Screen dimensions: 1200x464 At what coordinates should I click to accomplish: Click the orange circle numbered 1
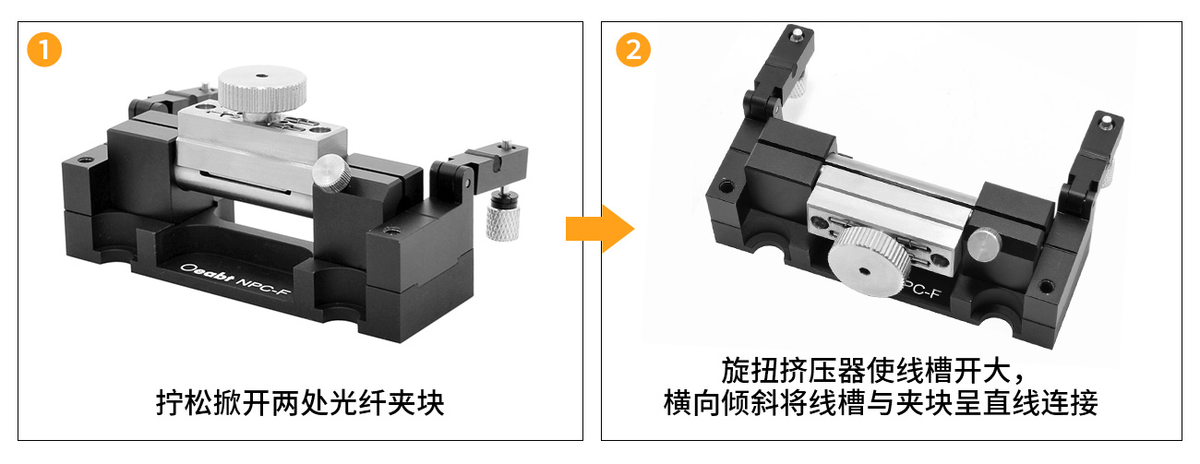(x=44, y=50)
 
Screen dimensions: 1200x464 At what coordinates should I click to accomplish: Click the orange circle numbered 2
(x=633, y=50)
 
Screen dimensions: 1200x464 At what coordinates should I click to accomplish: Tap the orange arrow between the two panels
(x=600, y=229)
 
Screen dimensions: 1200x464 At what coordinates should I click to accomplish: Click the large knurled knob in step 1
(x=262, y=91)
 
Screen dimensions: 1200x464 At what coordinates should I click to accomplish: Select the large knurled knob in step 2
(x=869, y=261)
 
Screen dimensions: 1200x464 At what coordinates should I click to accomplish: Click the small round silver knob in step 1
(x=332, y=173)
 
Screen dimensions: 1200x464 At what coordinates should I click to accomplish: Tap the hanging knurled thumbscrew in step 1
(x=502, y=214)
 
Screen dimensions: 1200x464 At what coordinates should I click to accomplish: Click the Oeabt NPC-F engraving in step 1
(x=234, y=280)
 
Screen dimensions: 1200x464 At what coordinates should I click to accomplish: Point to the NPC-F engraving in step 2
(x=922, y=289)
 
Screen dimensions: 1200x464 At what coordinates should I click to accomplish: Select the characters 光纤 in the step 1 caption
(x=358, y=403)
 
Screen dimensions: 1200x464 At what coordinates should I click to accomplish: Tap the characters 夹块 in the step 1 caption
(x=415, y=403)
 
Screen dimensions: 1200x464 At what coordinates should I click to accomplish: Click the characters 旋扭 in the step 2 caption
(x=750, y=370)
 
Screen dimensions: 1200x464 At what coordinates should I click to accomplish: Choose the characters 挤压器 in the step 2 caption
(x=822, y=370)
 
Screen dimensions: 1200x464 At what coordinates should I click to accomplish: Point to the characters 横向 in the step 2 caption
(x=692, y=403)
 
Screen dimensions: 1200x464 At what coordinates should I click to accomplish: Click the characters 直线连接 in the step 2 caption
(x=1040, y=403)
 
